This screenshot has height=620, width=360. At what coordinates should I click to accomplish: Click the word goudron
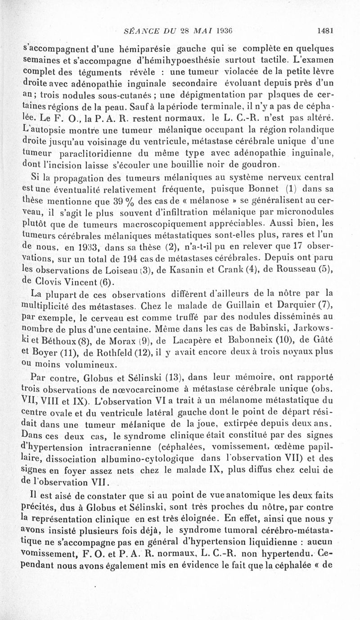point(261,164)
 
